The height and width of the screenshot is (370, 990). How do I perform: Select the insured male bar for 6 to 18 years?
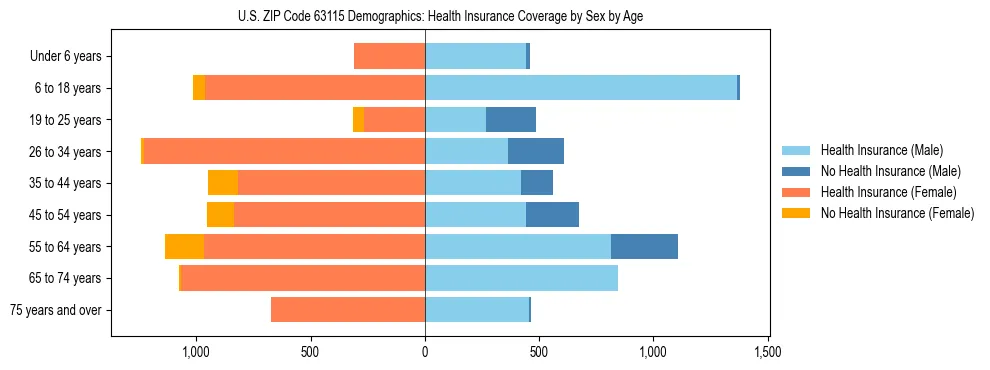pyautogui.click(x=581, y=88)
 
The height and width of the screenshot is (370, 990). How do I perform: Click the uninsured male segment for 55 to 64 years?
pyautogui.click(x=644, y=246)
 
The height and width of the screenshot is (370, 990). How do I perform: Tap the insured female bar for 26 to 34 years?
pyautogui.click(x=284, y=151)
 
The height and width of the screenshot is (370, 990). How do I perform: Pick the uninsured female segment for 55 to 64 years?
pyautogui.click(x=184, y=246)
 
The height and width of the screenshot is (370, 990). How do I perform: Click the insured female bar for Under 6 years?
pyautogui.click(x=389, y=56)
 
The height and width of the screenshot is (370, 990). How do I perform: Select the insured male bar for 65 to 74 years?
pyautogui.click(x=521, y=278)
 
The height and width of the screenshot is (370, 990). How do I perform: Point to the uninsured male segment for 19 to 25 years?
pyautogui.click(x=510, y=120)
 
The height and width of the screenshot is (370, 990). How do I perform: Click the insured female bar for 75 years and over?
pyautogui.click(x=348, y=310)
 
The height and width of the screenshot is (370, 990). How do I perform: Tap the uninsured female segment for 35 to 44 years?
pyautogui.click(x=223, y=183)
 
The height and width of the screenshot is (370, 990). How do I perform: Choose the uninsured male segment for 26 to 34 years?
pyautogui.click(x=535, y=151)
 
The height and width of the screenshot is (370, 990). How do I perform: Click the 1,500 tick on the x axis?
pyautogui.click(x=767, y=352)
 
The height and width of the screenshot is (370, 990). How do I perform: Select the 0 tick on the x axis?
pyautogui.click(x=425, y=352)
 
